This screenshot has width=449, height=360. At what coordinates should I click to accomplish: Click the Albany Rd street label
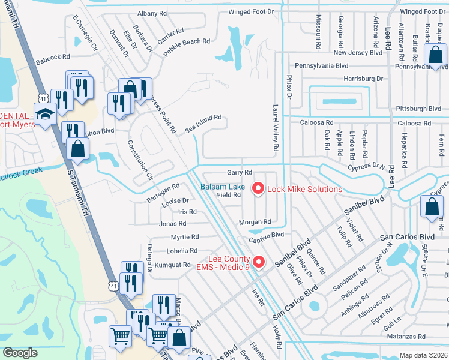click(151, 13)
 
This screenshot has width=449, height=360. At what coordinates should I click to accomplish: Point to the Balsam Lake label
click(222, 187)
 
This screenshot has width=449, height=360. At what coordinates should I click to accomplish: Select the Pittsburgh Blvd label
click(418, 109)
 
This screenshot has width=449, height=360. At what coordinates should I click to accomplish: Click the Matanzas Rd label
click(406, 337)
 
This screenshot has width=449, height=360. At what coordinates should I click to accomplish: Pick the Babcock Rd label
click(53, 61)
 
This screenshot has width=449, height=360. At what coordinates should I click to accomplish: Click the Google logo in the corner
click(20, 352)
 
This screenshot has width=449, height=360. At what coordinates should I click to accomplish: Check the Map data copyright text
click(423, 355)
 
